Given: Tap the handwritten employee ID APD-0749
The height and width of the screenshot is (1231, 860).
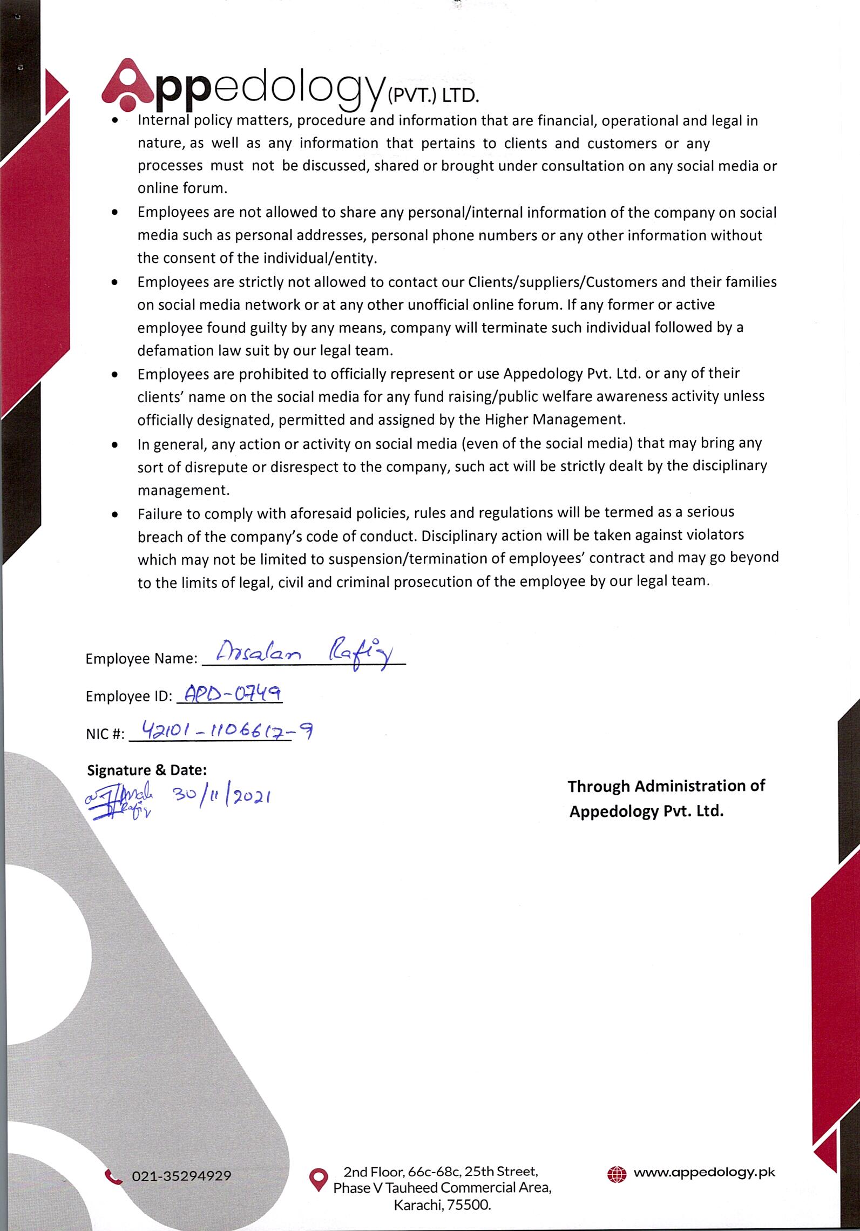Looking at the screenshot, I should (x=230, y=693).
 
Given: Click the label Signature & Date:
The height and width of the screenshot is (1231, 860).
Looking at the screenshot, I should (x=147, y=770).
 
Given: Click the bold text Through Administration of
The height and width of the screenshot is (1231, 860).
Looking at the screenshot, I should (x=666, y=786).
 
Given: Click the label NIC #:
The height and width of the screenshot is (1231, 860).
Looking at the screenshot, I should (x=105, y=734).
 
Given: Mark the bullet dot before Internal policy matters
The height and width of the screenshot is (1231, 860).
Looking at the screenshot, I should (x=114, y=122).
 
